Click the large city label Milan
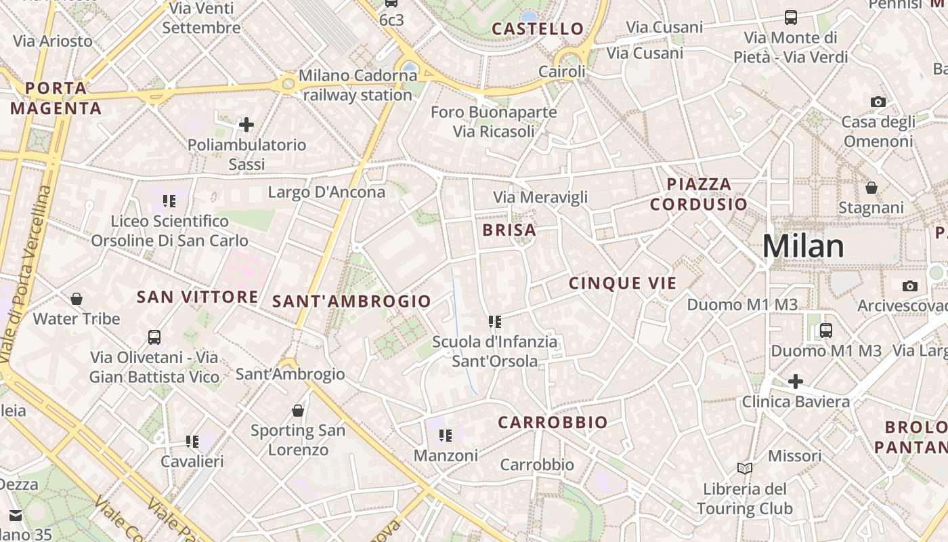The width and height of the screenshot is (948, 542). point(803,246)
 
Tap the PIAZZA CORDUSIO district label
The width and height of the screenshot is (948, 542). point(699,194)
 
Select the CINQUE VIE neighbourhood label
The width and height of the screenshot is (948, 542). point(622,283)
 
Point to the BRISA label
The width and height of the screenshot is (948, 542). point(509,230)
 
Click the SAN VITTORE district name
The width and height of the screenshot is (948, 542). point(197,297)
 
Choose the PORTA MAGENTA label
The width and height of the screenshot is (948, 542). point(56,98)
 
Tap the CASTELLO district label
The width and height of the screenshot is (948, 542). point(538,28)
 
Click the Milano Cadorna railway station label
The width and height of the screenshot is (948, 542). point(358,85)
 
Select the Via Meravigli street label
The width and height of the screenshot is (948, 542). point(540,197)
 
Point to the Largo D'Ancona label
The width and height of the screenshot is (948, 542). point(326,192)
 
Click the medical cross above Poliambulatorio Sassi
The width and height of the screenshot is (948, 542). point(246,125)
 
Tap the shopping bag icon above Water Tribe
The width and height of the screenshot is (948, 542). point(77,299)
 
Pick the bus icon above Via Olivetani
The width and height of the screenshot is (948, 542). point(154,337)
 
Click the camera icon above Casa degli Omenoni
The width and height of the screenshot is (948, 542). point(878,102)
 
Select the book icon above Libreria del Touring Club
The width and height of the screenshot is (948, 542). point(744,468)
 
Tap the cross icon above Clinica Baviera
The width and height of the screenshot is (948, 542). point(796,381)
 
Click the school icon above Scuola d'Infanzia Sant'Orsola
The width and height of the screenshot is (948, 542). point(494,322)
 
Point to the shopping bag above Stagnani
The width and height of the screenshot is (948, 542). point(871,188)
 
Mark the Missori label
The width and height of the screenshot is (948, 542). point(794,455)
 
